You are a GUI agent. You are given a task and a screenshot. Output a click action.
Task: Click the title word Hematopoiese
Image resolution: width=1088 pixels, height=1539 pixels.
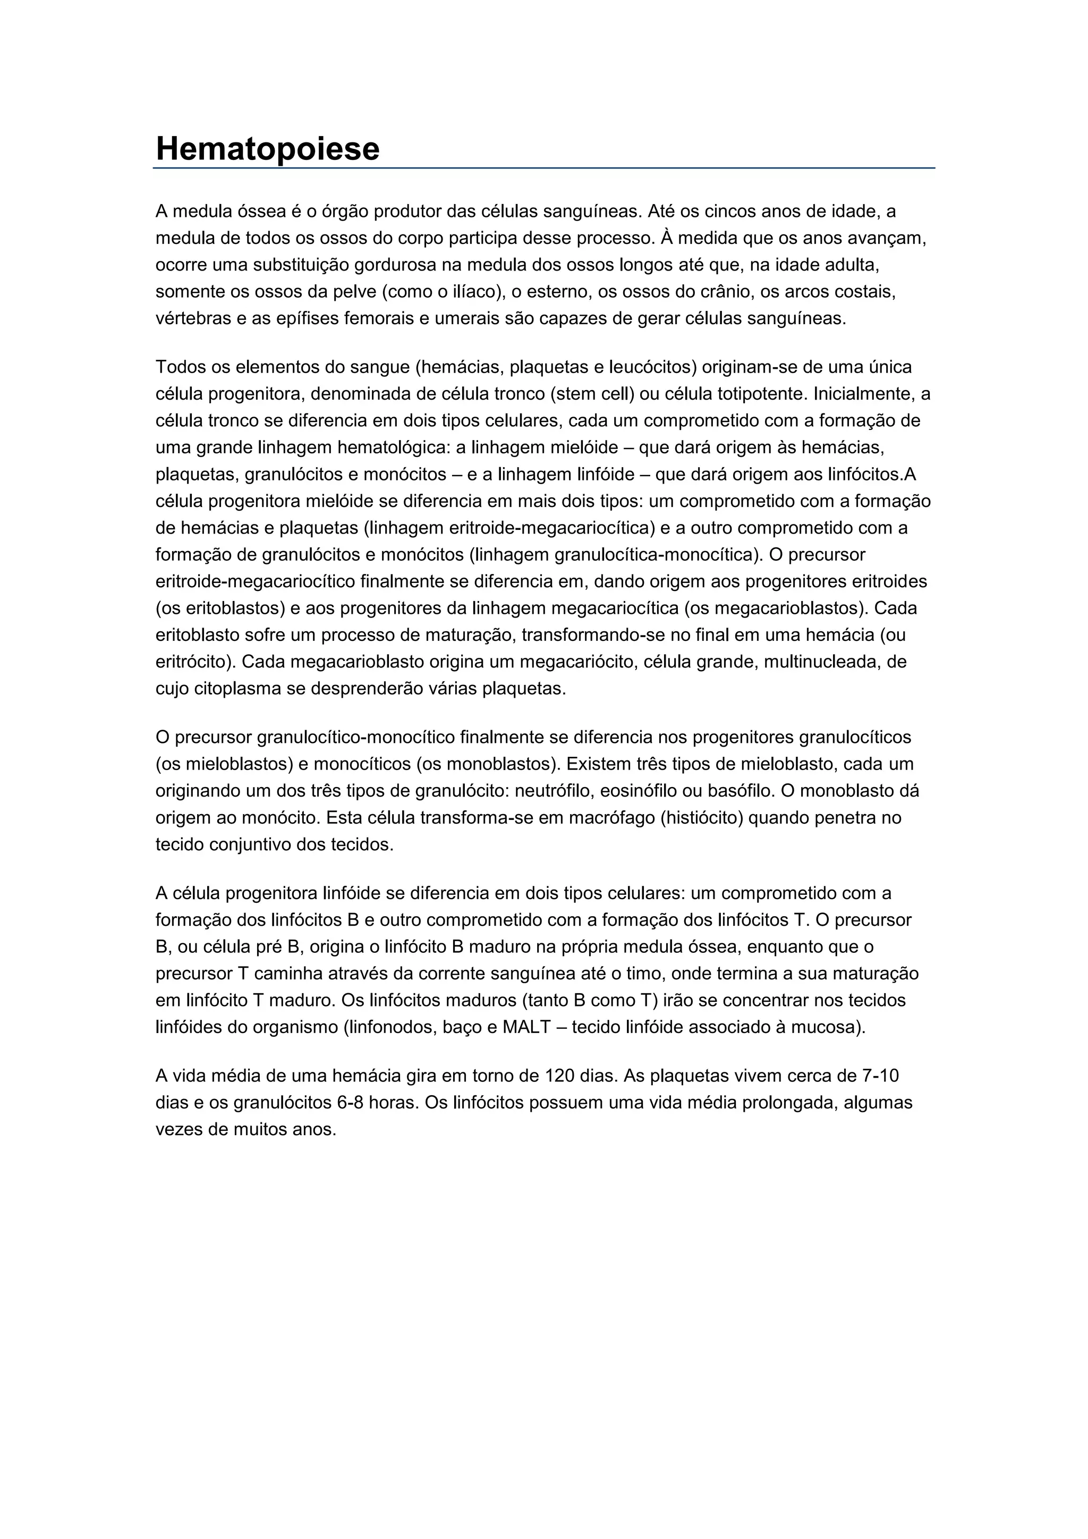[x=267, y=149]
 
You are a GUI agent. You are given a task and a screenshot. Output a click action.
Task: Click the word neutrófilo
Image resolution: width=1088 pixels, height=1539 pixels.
[x=551, y=791]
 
